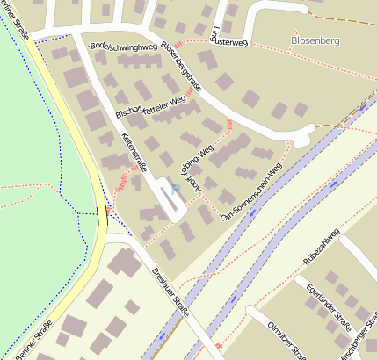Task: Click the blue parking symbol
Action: [176, 188]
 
